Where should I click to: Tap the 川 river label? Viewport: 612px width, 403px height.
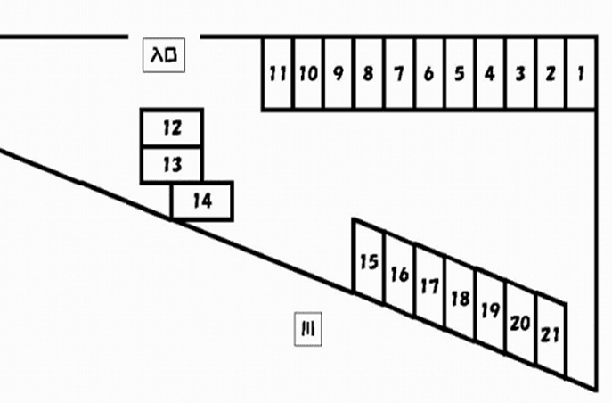(308, 330)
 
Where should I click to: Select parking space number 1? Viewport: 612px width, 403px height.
(580, 73)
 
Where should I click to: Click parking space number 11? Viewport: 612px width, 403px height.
(278, 73)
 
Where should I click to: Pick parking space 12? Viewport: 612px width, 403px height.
(172, 128)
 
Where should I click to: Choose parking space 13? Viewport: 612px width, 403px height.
(172, 165)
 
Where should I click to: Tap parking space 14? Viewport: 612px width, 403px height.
(202, 201)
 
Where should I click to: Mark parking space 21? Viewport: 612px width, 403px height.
(551, 334)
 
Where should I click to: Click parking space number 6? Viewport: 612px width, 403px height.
(428, 73)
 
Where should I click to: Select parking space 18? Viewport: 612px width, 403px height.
(460, 299)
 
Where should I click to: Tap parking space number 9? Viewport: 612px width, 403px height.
(339, 73)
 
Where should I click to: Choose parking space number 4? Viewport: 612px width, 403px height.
(489, 73)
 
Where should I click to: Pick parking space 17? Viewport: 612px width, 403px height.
(429, 286)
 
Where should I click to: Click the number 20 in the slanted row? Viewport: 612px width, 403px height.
(520, 323)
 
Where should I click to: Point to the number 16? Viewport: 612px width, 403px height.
(399, 274)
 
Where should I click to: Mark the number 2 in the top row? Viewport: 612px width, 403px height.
(550, 73)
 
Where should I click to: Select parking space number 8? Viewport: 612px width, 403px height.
(368, 73)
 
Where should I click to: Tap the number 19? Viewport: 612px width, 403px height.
(490, 310)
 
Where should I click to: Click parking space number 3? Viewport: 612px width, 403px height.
(519, 73)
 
